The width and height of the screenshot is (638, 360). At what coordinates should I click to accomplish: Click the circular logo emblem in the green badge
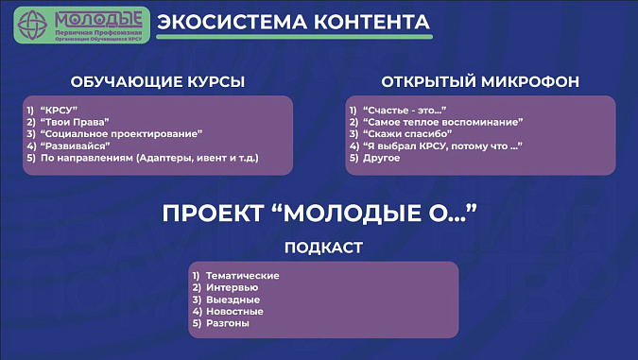coord(32,25)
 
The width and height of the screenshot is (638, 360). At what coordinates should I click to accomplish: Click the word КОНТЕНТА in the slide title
coord(371,22)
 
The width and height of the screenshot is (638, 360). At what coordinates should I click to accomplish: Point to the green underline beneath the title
coord(294,37)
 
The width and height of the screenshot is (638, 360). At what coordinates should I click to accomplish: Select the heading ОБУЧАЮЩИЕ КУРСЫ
coord(158,82)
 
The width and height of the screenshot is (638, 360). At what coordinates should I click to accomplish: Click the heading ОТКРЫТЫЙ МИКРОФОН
coord(480,82)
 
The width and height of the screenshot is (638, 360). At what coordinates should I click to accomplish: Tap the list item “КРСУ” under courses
coord(59,111)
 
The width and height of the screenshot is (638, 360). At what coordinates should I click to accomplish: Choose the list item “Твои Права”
coord(75,122)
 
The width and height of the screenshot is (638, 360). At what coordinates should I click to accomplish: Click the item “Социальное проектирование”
coord(121,134)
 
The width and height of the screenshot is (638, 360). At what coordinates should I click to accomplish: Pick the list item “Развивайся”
coord(76,146)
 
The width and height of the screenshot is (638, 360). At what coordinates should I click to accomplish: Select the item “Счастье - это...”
coord(405,111)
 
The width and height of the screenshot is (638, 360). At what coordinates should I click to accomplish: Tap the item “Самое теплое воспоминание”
coord(443,122)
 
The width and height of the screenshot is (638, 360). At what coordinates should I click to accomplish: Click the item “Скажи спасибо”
coord(407,134)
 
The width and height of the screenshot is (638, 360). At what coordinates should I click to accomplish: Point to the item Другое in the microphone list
coord(381,158)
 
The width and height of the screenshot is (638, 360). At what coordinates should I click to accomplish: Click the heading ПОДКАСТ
coord(323,248)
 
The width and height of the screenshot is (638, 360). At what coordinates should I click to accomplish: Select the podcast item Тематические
coord(243,276)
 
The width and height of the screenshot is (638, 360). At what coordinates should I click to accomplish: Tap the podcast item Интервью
coord(232,287)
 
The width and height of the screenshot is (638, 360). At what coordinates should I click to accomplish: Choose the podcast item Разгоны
coord(228,323)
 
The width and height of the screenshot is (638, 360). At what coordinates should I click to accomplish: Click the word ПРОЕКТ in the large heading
coord(214,214)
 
